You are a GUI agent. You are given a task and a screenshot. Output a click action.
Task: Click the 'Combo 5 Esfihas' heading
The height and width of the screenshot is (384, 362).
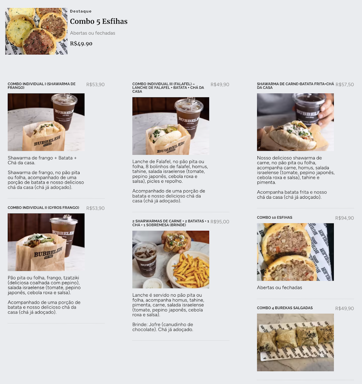tap(98, 21)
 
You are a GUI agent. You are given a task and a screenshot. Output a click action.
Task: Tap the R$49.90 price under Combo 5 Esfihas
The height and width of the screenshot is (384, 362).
tap(81, 44)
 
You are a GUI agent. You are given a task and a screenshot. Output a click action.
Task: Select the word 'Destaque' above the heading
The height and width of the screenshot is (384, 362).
tap(81, 11)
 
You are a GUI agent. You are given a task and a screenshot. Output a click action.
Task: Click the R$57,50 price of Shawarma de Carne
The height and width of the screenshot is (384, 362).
tap(345, 84)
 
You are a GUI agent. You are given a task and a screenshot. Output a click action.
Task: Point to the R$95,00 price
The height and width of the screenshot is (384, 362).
tap(220, 221)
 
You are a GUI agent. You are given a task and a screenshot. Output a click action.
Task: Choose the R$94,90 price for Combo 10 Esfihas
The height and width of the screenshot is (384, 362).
tap(344, 218)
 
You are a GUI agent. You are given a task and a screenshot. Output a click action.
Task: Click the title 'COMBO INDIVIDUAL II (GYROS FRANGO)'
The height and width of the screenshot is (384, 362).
tap(43, 208)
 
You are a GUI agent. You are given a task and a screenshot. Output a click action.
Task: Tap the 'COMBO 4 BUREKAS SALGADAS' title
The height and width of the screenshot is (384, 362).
tap(285, 308)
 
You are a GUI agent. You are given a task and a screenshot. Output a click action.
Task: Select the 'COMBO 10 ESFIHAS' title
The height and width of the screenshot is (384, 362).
tap(274, 218)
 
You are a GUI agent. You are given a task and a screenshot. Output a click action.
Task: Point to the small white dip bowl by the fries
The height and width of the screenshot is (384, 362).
tap(152, 284)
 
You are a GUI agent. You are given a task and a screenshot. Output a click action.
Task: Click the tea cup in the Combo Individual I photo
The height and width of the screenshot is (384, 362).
tap(64, 111)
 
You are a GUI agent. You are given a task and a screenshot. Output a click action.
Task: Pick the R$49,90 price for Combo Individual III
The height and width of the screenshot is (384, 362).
tap(220, 84)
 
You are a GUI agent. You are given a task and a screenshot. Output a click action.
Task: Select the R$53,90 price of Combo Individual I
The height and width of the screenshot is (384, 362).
tap(95, 84)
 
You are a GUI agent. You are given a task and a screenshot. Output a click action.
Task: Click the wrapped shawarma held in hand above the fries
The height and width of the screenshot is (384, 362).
tap(176, 242)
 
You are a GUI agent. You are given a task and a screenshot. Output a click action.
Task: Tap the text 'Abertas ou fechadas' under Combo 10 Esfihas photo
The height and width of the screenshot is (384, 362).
tap(279, 287)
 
